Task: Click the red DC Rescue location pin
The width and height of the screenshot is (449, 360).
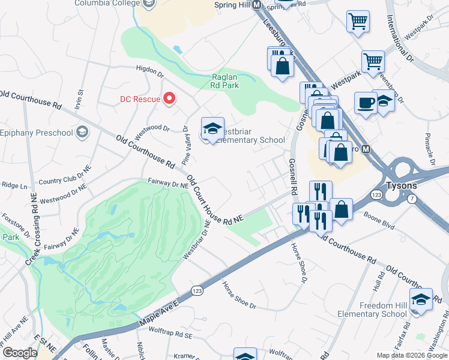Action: coord(169,98)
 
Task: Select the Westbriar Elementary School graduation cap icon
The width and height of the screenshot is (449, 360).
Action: coord(212,128)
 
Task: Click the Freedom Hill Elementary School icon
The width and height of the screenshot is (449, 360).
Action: coord(421,299)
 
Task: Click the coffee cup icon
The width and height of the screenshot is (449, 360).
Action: coord(365,103)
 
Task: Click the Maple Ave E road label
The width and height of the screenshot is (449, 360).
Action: coord(159,314)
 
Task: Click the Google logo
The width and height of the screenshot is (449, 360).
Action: coord(20,353)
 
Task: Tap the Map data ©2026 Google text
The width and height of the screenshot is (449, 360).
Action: coord(411,355)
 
